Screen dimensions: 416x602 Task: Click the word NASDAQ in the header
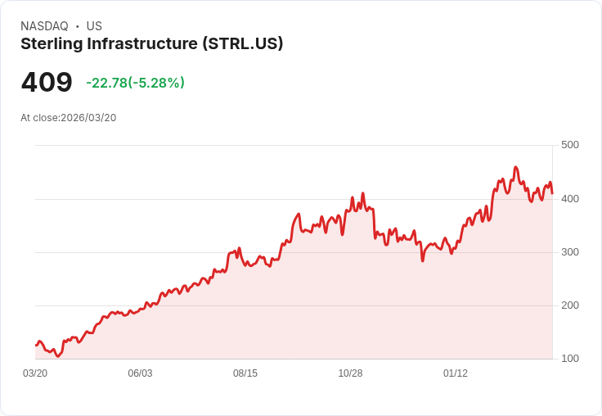pos(44,26)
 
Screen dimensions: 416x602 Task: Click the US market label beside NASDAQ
pos(94,26)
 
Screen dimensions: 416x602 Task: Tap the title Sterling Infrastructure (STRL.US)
pos(152,44)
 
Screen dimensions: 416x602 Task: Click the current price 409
pos(47,83)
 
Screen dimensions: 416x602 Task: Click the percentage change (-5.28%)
pos(156,83)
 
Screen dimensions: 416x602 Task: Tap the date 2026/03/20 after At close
pos(88,118)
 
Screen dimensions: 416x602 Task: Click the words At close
pos(39,118)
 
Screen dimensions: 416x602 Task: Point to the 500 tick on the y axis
pos(569,145)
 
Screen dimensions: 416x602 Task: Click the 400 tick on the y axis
pos(569,198)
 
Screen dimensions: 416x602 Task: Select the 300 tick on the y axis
pos(569,252)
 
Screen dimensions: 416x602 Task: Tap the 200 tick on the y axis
pos(569,305)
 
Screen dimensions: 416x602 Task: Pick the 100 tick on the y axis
pos(569,359)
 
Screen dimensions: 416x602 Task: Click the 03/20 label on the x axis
pos(35,373)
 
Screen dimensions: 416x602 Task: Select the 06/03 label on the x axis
pos(140,373)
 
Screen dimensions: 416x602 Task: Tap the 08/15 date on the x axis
pos(245,373)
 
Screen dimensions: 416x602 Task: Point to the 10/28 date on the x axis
pos(350,373)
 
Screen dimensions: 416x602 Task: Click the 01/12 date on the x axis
pos(456,373)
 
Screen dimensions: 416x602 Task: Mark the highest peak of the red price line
pos(515,167)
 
